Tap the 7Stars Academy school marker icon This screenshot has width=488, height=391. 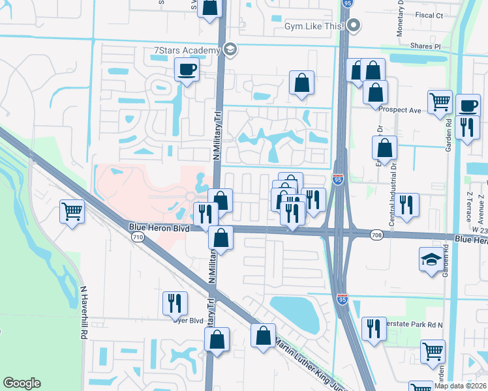tap(229, 50)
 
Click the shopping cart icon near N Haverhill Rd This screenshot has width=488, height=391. tap(72, 210)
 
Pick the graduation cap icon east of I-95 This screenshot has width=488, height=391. tap(431, 260)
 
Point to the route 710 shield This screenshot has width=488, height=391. tap(137, 238)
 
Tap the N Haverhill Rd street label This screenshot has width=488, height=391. tap(83, 312)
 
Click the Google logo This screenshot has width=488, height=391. tap(22, 383)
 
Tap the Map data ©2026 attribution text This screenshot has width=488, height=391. tap(461, 386)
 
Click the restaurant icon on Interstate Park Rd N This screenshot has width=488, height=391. tap(374, 327)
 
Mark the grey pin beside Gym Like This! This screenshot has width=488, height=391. tap(354, 26)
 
